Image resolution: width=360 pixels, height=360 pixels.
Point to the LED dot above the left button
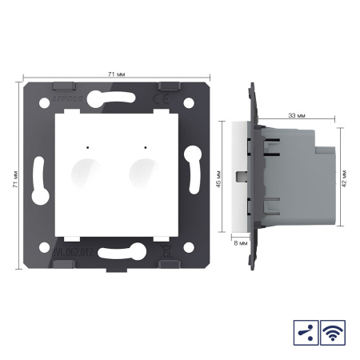pyautogui.click(x=83, y=146)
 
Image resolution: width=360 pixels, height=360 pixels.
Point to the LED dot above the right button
pyautogui.click(x=144, y=146)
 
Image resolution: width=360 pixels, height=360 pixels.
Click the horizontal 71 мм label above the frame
pyautogui.click(x=115, y=74)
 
